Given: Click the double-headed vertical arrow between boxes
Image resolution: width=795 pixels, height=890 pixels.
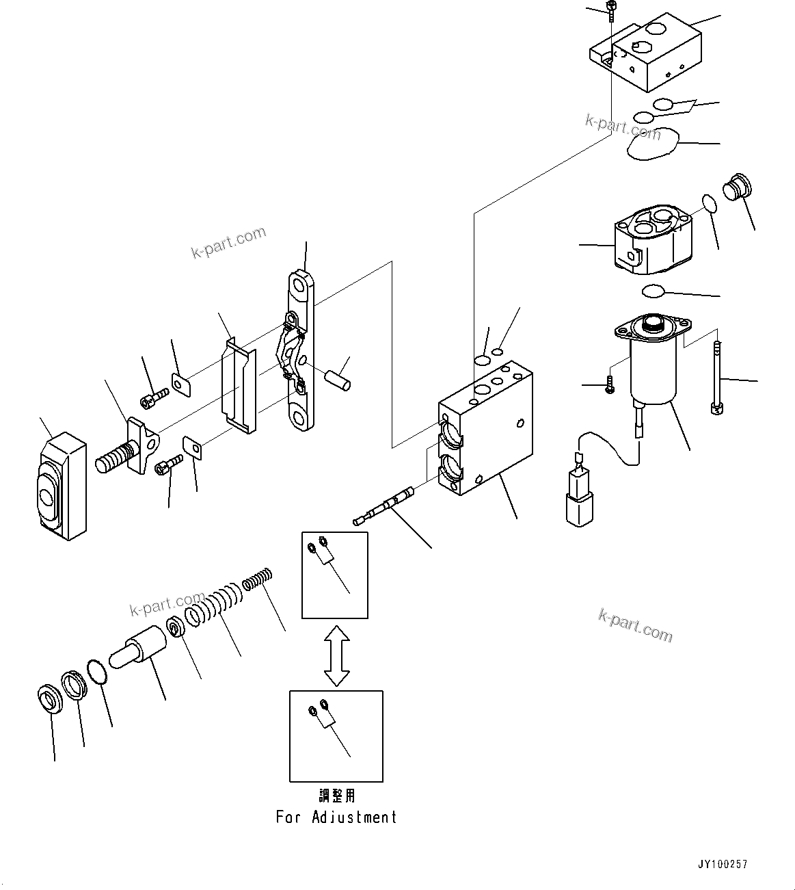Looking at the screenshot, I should (x=336, y=655).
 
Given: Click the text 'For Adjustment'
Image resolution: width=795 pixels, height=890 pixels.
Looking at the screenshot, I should (x=336, y=817).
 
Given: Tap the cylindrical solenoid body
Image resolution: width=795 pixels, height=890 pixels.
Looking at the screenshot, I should (x=653, y=373).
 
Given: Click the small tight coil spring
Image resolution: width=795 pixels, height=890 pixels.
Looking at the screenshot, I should (x=258, y=579).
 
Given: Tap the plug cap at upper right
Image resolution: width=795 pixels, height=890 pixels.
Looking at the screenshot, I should (x=737, y=185).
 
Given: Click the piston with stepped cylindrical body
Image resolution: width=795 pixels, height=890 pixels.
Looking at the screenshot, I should (x=140, y=649).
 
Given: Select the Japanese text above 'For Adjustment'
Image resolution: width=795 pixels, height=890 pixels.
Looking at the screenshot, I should (x=337, y=796).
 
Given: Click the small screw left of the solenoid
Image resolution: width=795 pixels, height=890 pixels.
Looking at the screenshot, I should (x=608, y=387).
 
